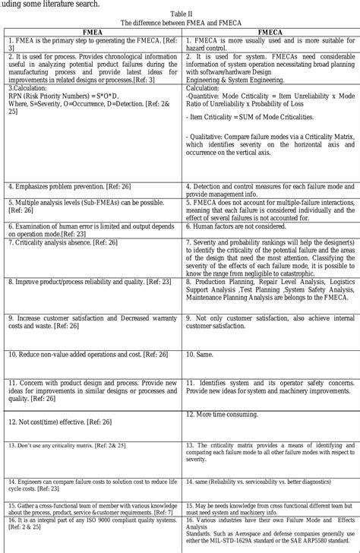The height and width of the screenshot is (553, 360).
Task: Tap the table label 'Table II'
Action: [180, 14]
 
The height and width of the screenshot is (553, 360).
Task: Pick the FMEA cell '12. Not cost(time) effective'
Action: [60, 422]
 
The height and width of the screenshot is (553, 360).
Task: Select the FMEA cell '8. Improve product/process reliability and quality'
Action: [90, 281]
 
